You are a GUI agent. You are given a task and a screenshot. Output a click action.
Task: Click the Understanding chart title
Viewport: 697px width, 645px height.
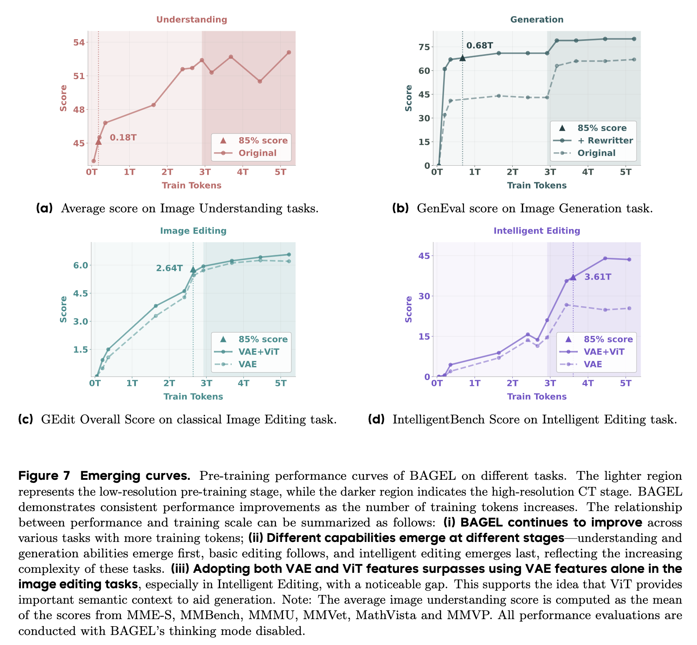click(x=191, y=20)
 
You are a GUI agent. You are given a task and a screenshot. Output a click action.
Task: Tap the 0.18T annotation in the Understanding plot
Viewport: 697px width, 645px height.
click(x=123, y=137)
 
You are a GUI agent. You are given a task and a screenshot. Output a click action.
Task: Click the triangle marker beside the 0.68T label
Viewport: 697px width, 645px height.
click(x=462, y=58)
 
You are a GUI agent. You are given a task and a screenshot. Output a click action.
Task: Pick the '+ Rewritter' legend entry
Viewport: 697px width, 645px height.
click(x=605, y=141)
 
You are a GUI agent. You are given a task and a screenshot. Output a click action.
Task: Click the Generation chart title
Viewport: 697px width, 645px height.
click(x=537, y=20)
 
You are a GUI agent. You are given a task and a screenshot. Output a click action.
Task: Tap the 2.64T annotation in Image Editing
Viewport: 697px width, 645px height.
click(x=169, y=268)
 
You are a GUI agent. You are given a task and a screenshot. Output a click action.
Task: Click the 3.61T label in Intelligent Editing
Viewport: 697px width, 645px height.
click(x=598, y=277)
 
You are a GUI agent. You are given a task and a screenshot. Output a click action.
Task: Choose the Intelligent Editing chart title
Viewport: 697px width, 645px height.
click(x=537, y=231)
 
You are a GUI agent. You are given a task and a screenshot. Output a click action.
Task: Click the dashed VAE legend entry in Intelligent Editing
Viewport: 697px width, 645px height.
click(x=593, y=364)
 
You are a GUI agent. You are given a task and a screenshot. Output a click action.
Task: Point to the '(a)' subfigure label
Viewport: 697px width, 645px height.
click(x=45, y=208)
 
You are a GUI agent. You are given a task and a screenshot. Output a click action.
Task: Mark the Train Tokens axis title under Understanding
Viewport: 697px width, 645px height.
click(x=191, y=185)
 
